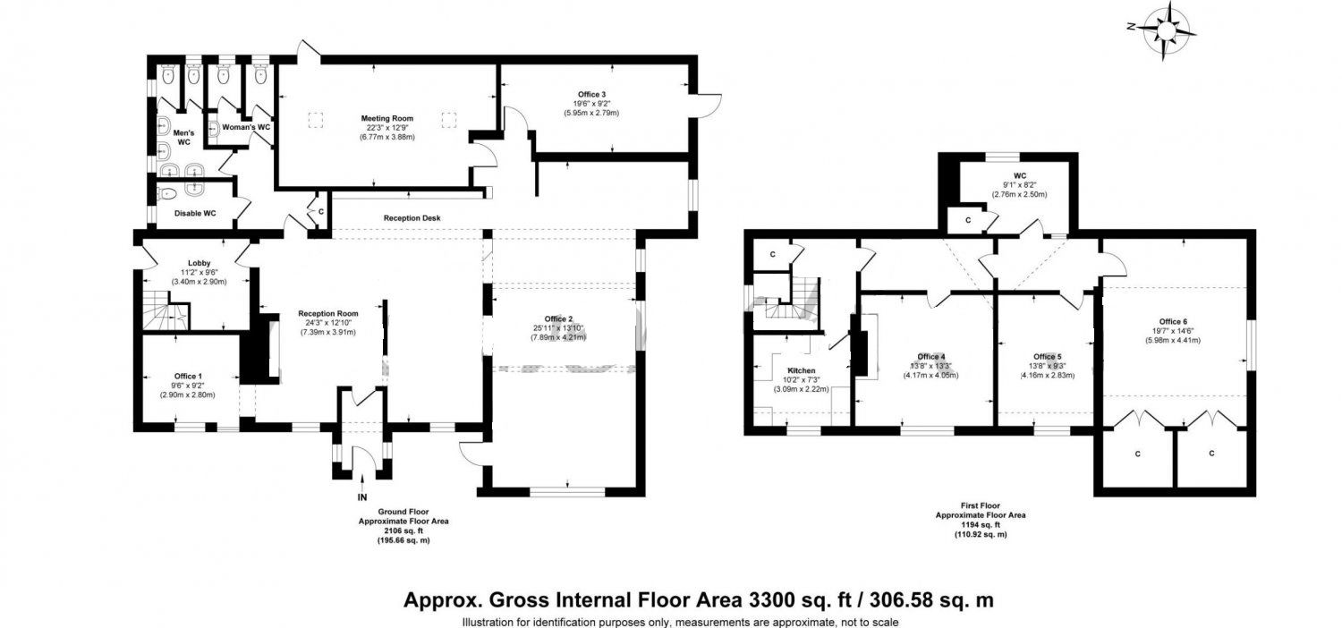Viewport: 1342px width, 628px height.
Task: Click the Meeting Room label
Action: (386, 118)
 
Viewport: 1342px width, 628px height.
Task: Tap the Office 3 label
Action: (590, 94)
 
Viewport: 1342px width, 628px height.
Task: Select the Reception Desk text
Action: (412, 218)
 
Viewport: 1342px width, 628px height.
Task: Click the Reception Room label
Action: (327, 314)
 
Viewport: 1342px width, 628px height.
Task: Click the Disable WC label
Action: (194, 214)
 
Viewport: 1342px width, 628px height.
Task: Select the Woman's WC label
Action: (245, 128)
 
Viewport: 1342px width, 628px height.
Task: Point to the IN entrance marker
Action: (362, 497)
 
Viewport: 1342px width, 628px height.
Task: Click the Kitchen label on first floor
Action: (801, 369)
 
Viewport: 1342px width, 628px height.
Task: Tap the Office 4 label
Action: (930, 356)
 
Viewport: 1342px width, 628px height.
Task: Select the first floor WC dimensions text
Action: (1018, 194)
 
